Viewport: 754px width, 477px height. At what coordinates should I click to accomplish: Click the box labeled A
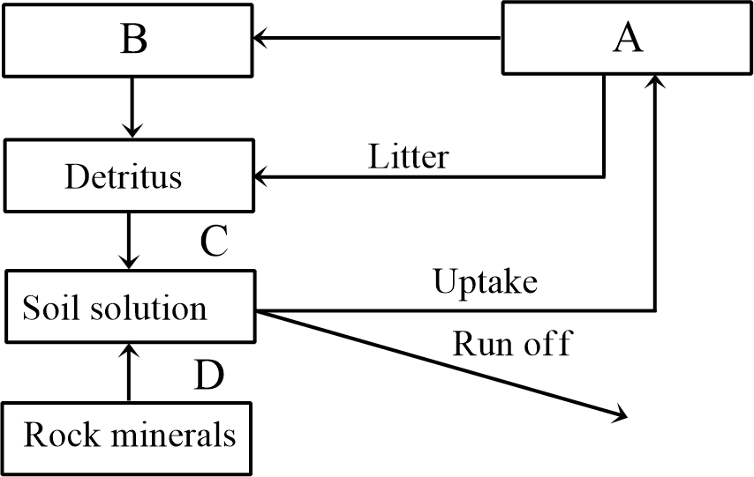click(628, 39)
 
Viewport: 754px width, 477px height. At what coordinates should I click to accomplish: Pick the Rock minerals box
click(129, 436)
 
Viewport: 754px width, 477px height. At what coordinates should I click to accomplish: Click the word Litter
click(408, 157)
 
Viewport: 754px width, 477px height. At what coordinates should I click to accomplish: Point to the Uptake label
click(486, 282)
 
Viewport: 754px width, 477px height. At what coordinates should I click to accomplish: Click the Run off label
click(511, 342)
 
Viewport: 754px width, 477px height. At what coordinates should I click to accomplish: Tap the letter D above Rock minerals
click(208, 374)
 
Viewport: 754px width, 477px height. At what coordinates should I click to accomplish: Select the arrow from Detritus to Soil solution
click(131, 240)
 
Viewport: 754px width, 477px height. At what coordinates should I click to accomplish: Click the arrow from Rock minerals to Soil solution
click(130, 372)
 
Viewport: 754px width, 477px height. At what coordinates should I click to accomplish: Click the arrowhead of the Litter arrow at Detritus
click(262, 177)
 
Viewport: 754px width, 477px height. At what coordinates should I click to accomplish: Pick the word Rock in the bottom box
click(57, 436)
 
